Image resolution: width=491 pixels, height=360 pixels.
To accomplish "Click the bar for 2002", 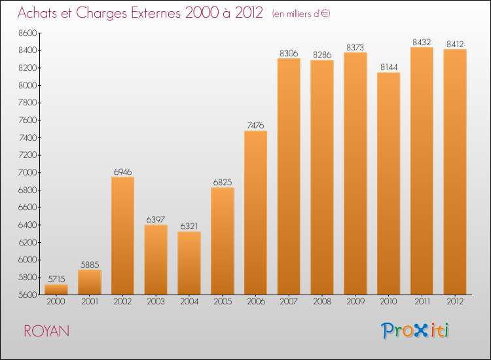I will (x=122, y=236).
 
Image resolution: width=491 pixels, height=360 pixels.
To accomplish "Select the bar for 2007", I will (x=289, y=177).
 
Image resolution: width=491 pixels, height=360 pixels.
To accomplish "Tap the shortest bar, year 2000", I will (x=56, y=289).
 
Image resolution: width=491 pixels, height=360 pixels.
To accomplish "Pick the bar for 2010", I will (x=388, y=183).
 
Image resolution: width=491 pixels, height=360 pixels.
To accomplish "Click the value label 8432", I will (x=422, y=43).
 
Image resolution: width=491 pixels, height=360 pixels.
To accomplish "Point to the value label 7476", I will (x=255, y=126).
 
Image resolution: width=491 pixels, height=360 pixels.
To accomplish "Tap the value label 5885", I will (x=90, y=265).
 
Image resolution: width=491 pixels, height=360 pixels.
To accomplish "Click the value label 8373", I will (x=355, y=48).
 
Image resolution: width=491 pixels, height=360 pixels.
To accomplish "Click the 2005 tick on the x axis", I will (x=222, y=302).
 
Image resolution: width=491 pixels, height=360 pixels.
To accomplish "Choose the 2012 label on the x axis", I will (x=455, y=302).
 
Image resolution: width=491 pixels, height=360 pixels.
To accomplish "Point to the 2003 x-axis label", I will (x=156, y=302).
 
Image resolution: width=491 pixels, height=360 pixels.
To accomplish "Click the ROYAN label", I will (x=46, y=331).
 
